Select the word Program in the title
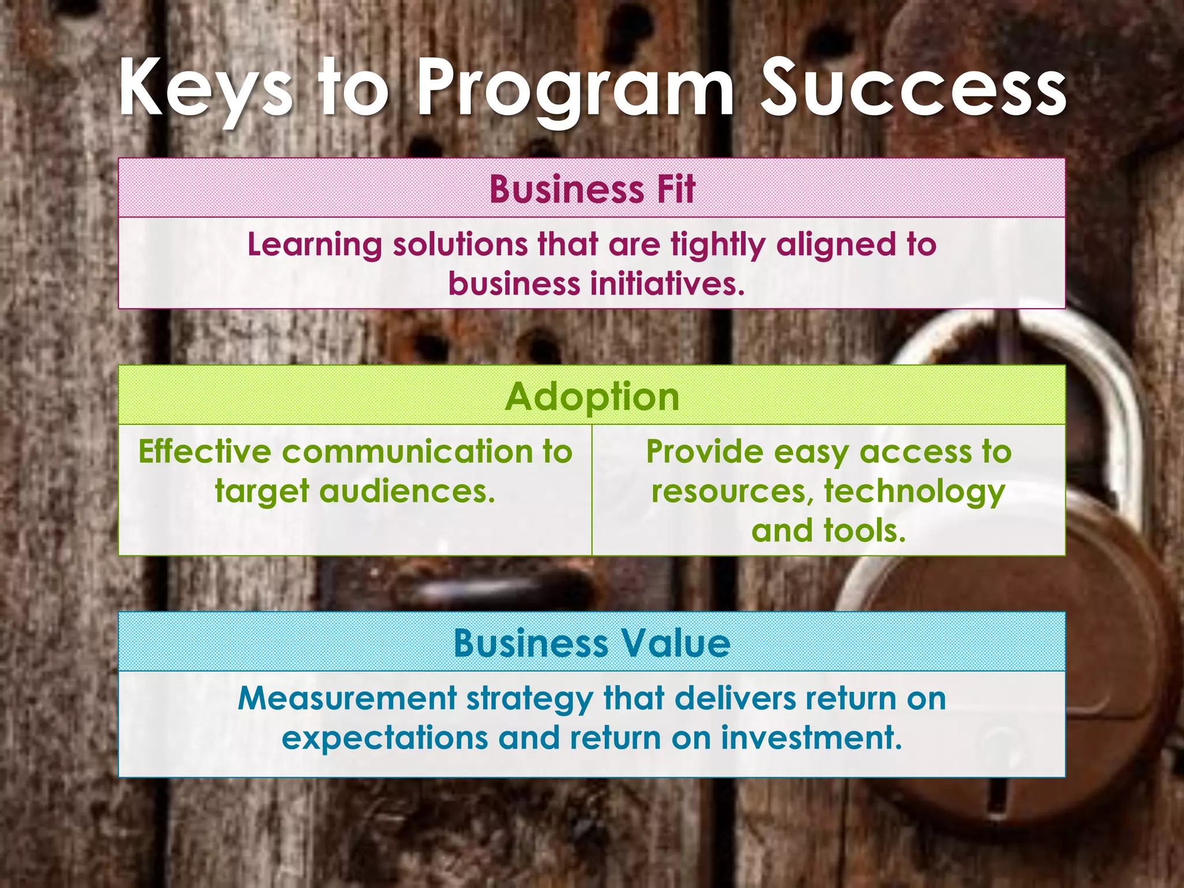point(575,90)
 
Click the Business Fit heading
point(592,189)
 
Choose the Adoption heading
point(592,397)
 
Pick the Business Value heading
point(592,643)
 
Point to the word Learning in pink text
point(314,245)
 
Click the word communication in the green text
point(407,452)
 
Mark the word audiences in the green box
point(407,491)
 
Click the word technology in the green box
point(915,491)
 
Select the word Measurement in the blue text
point(347,698)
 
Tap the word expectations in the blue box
point(384,738)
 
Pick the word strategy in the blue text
point(530,700)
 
